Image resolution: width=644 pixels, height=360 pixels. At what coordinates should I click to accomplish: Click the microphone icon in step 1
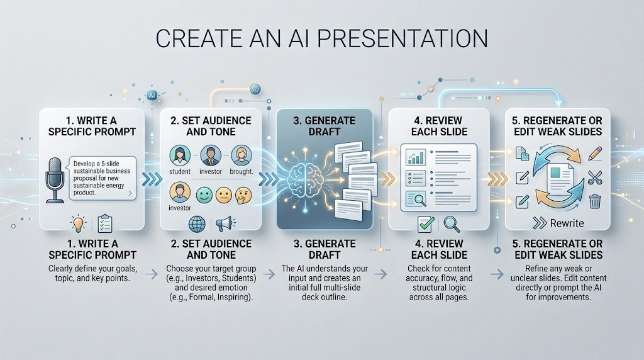click(x=55, y=179)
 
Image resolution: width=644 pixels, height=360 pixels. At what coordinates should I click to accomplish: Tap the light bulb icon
click(x=78, y=223)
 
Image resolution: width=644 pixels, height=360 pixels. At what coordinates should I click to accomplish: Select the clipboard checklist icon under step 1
click(x=105, y=224)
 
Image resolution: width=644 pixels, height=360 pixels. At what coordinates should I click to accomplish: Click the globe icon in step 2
click(x=197, y=225)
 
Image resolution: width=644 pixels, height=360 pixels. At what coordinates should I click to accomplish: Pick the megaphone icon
click(x=225, y=224)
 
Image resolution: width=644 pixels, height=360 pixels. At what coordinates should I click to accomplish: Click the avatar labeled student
click(x=180, y=155)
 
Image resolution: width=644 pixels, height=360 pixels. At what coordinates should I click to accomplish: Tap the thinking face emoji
click(x=243, y=196)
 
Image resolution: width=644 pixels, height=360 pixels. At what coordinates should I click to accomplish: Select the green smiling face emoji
click(x=204, y=195)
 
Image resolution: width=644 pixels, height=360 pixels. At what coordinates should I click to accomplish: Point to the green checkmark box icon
click(x=426, y=224)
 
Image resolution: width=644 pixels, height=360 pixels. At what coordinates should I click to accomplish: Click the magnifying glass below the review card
click(x=452, y=225)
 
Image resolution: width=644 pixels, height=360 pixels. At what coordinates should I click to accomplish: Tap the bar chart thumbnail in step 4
click(x=416, y=157)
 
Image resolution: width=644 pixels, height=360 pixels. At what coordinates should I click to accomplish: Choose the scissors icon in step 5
click(x=595, y=177)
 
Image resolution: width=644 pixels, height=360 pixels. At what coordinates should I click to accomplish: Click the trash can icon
click(x=595, y=201)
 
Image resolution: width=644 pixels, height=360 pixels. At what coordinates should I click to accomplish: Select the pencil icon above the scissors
click(x=595, y=154)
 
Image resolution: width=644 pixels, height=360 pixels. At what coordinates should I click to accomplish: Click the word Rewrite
click(x=567, y=223)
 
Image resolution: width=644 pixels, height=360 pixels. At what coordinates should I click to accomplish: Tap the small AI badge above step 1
click(x=152, y=95)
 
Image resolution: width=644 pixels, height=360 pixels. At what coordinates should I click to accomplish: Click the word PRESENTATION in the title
click(x=402, y=38)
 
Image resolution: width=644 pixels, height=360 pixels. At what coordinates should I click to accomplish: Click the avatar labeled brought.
click(x=241, y=155)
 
